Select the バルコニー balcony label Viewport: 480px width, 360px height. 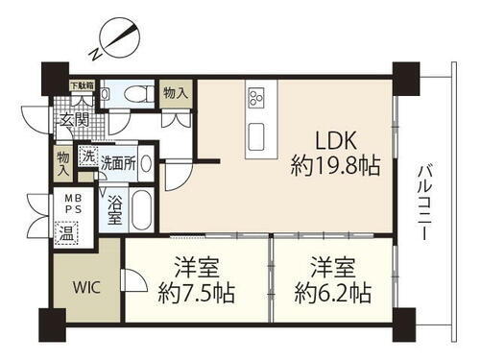(x=423, y=205)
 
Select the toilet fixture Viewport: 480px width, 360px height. (x=133, y=94)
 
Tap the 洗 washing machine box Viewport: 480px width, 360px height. (x=87, y=156)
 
